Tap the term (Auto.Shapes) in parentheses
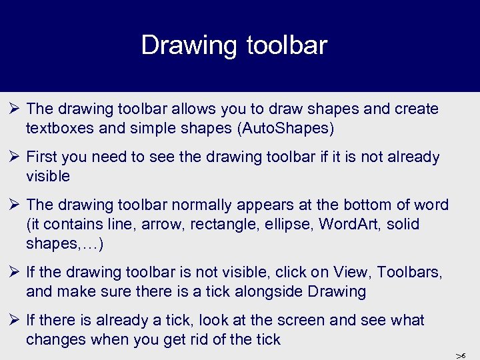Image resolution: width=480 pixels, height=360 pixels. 285,128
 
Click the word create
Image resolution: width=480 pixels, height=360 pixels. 417,109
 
